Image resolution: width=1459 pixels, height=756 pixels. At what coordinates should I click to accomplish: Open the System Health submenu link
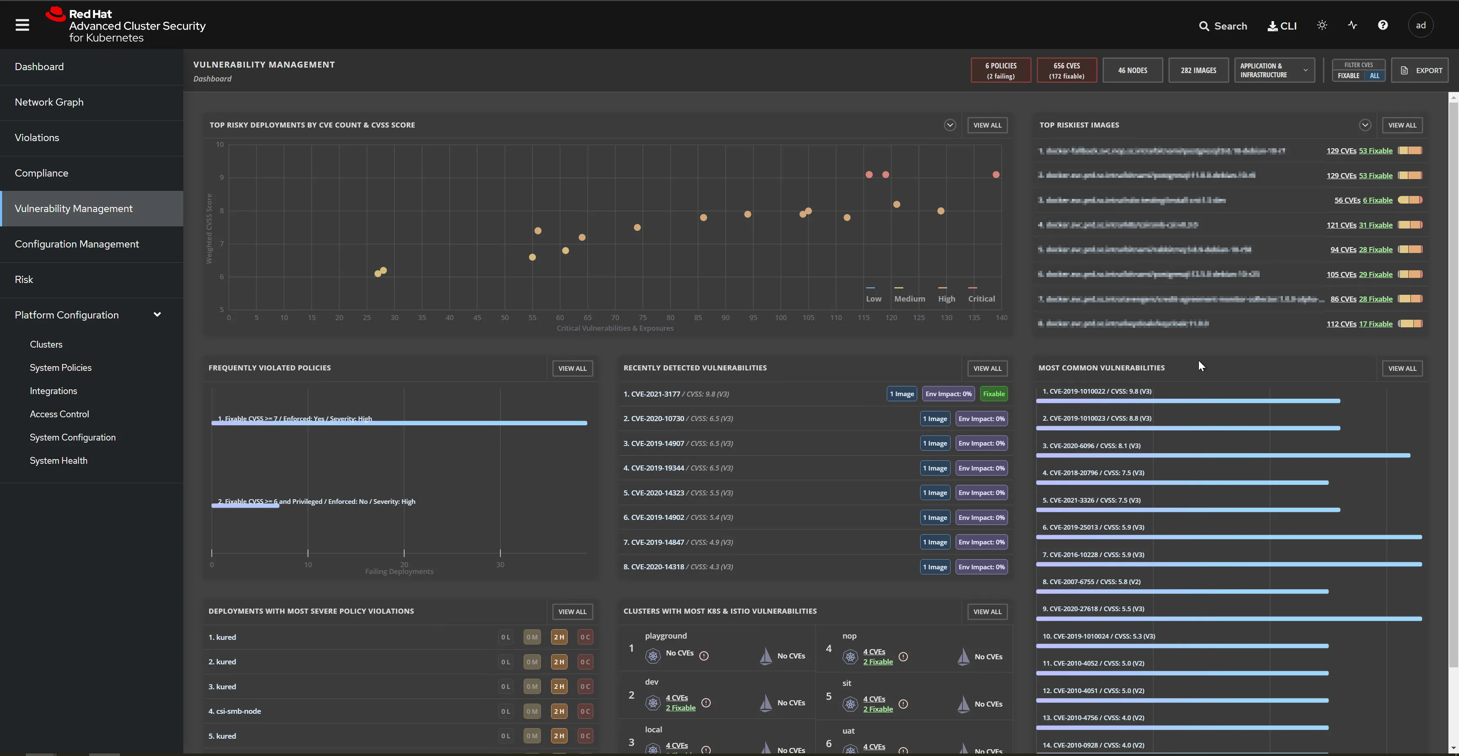tap(58, 461)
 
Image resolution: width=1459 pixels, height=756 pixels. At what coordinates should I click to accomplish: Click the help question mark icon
tap(1383, 25)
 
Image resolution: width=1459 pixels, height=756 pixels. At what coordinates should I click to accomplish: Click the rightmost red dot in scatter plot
tap(996, 175)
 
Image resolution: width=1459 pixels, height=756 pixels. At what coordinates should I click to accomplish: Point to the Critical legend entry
tap(981, 299)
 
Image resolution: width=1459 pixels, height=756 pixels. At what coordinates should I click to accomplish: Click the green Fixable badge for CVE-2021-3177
tap(994, 394)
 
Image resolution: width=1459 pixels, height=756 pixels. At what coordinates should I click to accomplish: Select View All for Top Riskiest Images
tap(1402, 125)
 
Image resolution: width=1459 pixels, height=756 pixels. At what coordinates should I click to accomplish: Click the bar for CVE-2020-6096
tap(1223, 455)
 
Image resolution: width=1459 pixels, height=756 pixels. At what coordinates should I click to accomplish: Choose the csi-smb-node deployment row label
tap(239, 711)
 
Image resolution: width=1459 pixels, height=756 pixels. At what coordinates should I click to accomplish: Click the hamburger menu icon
tap(22, 25)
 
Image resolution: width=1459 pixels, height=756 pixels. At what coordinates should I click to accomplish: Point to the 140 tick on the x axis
tap(1001, 318)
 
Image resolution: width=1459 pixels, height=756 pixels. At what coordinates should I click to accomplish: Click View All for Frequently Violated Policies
tap(572, 369)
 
